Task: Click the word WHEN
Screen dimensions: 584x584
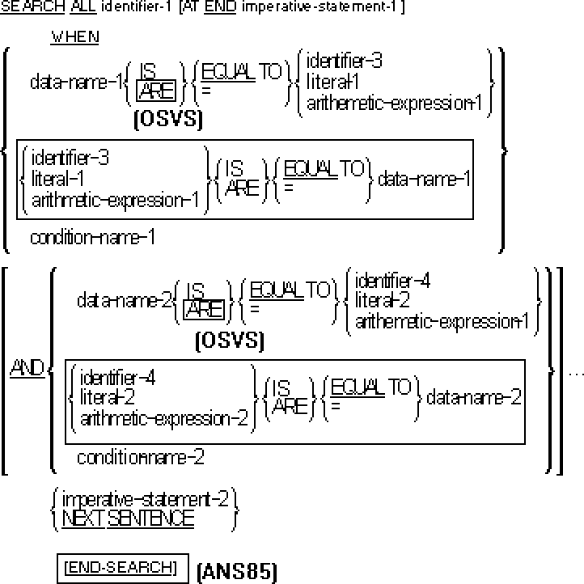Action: click(75, 37)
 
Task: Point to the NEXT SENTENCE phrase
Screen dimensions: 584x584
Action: click(128, 518)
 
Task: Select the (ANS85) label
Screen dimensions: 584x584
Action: click(236, 573)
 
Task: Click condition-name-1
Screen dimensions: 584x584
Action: click(92, 238)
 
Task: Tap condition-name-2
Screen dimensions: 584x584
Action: click(140, 457)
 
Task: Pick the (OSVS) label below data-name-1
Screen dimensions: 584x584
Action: click(168, 121)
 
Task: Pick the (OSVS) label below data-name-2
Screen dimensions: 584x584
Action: click(230, 341)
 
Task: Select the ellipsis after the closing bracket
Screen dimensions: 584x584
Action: click(576, 374)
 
